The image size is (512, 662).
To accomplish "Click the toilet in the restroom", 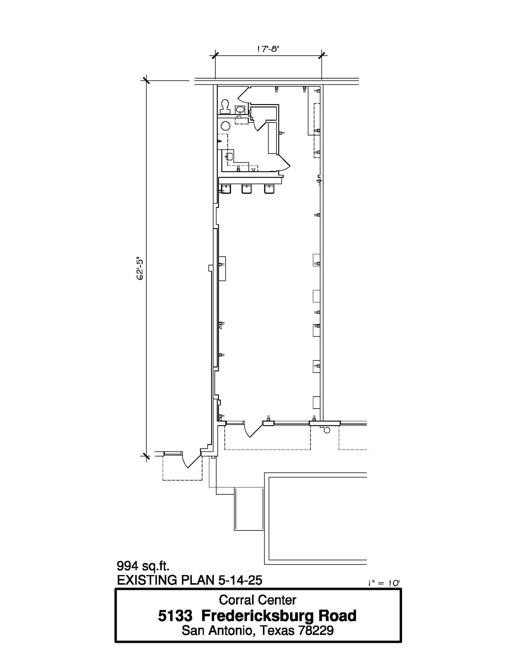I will pyautogui.click(x=225, y=106).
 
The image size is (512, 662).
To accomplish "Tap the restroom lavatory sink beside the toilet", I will pyautogui.click(x=240, y=109).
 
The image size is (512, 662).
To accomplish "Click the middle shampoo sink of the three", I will pyautogui.click(x=247, y=188).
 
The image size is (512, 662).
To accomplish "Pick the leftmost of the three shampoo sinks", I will pyautogui.click(x=225, y=188).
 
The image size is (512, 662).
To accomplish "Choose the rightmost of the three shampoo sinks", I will pyautogui.click(x=269, y=188).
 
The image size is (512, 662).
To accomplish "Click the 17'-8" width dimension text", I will pyautogui.click(x=268, y=49).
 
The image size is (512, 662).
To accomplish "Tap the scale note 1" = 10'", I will pyautogui.click(x=384, y=583).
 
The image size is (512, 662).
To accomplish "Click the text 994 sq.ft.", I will pyautogui.click(x=143, y=566).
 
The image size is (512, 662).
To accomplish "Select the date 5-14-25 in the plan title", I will pyautogui.click(x=240, y=580).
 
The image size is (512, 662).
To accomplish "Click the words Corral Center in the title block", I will pyautogui.click(x=257, y=600).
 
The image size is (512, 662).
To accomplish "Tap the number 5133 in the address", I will pyautogui.click(x=175, y=616).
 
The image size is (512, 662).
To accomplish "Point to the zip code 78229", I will pyautogui.click(x=316, y=630).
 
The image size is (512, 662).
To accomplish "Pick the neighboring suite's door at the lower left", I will pyautogui.click(x=191, y=461).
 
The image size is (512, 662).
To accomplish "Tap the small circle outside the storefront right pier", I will pyautogui.click(x=327, y=430).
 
